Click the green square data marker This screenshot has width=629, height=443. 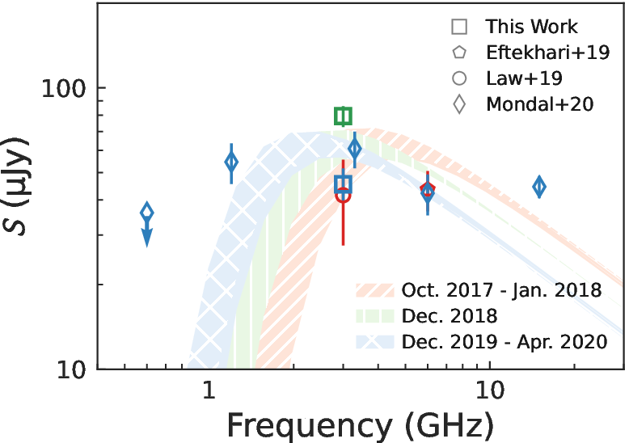(343, 116)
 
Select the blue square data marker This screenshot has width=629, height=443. (343, 184)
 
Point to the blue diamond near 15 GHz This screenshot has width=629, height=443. (539, 187)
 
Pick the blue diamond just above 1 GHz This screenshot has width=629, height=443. (231, 162)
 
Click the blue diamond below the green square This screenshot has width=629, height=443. (355, 149)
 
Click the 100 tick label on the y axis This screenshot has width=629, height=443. (63, 89)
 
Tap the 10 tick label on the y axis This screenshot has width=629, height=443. (71, 370)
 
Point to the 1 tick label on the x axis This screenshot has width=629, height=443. (209, 389)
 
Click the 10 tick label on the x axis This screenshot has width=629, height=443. (489, 389)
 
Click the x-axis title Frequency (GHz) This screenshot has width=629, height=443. (361, 426)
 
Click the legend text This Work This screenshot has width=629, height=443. (531, 27)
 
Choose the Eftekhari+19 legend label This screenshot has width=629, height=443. (548, 53)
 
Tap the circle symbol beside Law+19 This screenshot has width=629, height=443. (459, 78)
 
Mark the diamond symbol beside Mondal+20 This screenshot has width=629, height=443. (459, 104)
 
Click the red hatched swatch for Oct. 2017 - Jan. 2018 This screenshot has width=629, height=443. (374, 290)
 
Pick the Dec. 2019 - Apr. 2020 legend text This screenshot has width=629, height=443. (504, 342)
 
